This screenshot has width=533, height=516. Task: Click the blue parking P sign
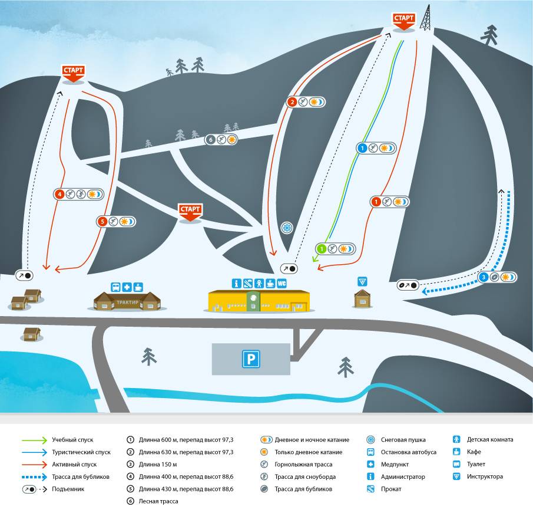[x=251, y=359]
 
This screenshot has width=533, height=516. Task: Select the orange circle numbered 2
[x=293, y=102]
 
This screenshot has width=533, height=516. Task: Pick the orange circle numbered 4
[x=59, y=193]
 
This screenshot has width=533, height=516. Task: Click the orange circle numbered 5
[x=102, y=222]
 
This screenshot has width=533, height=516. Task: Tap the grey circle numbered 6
[x=210, y=140]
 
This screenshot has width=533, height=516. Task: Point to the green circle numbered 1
[x=322, y=249]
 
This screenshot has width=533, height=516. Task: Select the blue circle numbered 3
[x=483, y=277]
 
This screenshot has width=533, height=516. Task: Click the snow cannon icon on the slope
[x=287, y=228]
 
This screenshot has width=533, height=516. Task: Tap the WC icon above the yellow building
[x=282, y=283]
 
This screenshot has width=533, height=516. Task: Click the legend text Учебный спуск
[x=72, y=440]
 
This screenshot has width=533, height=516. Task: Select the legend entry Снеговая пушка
[x=403, y=440]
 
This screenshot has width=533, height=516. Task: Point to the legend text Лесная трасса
[x=158, y=501]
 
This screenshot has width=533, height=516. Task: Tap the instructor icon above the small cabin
[x=362, y=281]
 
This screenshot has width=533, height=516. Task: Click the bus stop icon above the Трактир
[x=116, y=287]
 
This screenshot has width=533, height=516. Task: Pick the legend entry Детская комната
[x=490, y=439]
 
